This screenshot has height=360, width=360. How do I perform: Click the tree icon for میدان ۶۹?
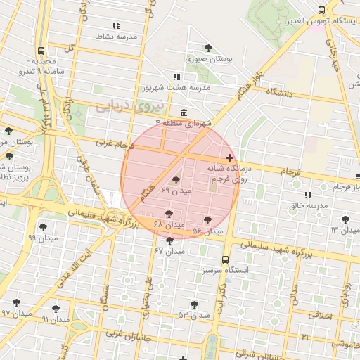pyautogui.click(x=176, y=181)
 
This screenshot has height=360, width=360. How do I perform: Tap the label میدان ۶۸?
pyautogui.click(x=169, y=224)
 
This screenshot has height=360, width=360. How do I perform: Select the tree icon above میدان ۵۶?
pyautogui.click(x=207, y=220)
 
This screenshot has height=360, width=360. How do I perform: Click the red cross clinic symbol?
pyautogui.click(x=230, y=157)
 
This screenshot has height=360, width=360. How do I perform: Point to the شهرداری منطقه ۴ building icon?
pyautogui.click(x=184, y=113)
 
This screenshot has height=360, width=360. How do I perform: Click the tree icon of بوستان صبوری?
pyautogui.click(x=208, y=48)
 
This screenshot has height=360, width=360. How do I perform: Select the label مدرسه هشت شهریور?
pyautogui.click(x=176, y=88)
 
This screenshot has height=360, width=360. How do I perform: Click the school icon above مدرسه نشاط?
pyautogui.click(x=116, y=25)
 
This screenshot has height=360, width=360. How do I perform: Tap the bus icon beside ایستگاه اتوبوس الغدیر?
pyautogui.click(x=321, y=10)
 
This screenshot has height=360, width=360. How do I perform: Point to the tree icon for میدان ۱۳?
pyautogui.click(x=345, y=219)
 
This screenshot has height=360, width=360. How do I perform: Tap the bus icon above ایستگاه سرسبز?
pyautogui.click(x=225, y=259)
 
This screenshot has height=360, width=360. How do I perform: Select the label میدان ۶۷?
pyautogui.click(x=168, y=250)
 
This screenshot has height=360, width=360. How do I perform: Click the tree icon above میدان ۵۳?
pyautogui.click(x=194, y=304)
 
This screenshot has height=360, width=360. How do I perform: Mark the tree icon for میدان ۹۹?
pyautogui.click(x=44, y=226)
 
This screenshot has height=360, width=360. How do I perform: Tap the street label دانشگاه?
pyautogui.click(x=278, y=91)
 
